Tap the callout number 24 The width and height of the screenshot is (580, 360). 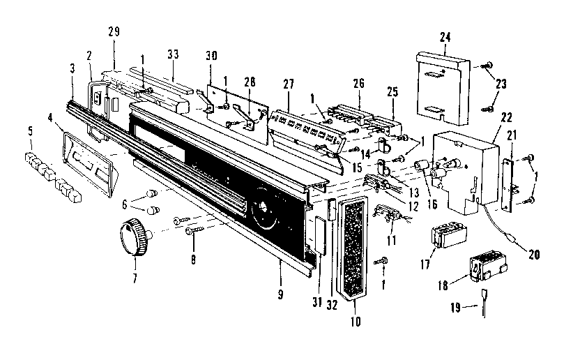coord(444,36)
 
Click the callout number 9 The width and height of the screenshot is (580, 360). coord(280,294)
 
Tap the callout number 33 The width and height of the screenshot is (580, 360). coord(173,55)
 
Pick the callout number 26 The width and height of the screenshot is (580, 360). coord(358,84)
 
